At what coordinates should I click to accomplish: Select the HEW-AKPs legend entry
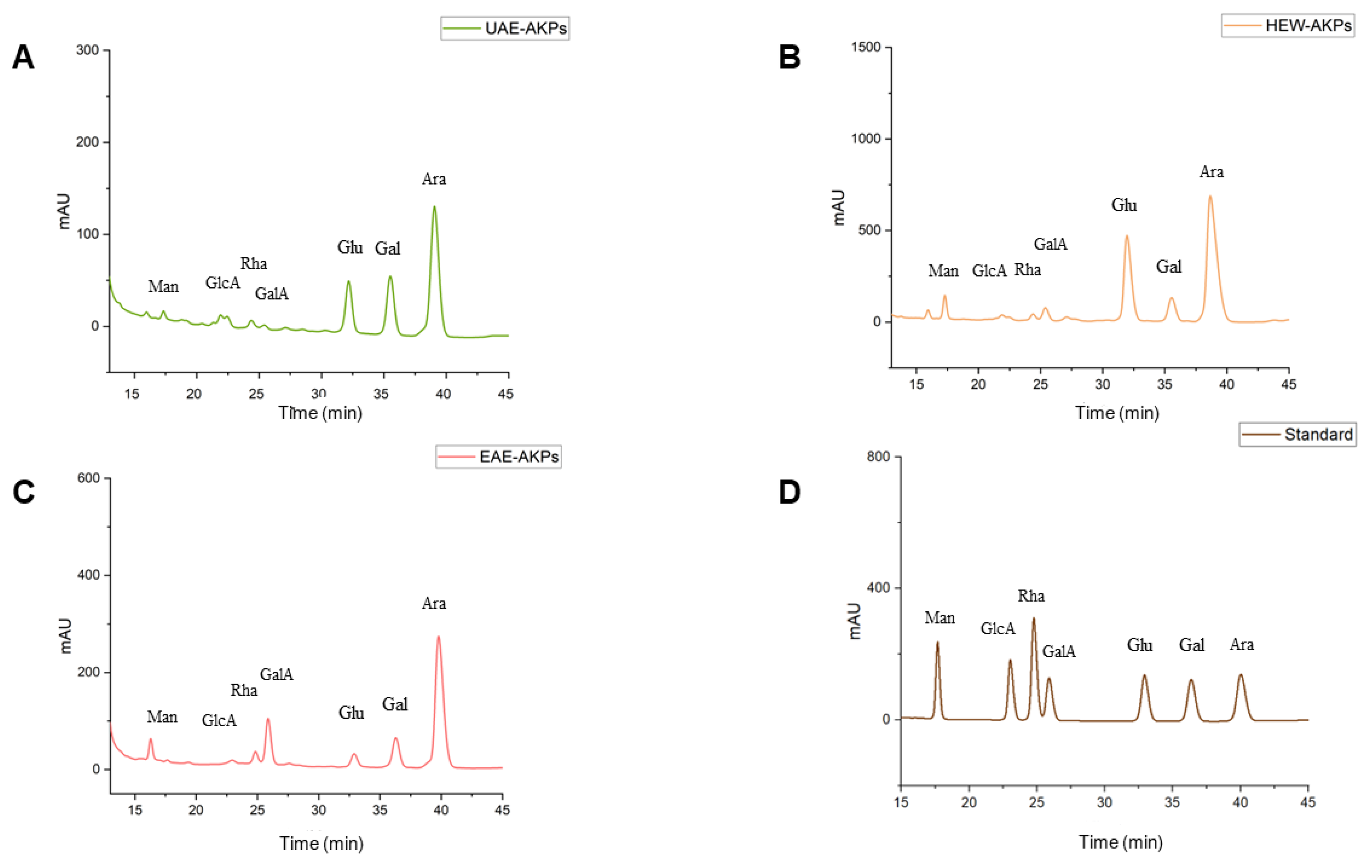1287,26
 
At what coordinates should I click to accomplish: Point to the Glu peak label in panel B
1124,205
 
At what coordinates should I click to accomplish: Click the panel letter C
24,492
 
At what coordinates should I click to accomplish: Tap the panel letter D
789,492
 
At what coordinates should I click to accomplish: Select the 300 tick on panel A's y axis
88,50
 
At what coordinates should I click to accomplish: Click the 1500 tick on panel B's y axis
866,47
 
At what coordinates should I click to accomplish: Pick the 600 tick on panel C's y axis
88,478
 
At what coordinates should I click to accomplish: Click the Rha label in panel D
1031,596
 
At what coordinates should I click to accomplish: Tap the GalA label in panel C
276,674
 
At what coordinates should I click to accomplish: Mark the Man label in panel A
163,286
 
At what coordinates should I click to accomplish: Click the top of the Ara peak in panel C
438,637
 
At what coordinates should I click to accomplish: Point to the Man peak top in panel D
937,642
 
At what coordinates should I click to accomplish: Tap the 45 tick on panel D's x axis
1308,802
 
